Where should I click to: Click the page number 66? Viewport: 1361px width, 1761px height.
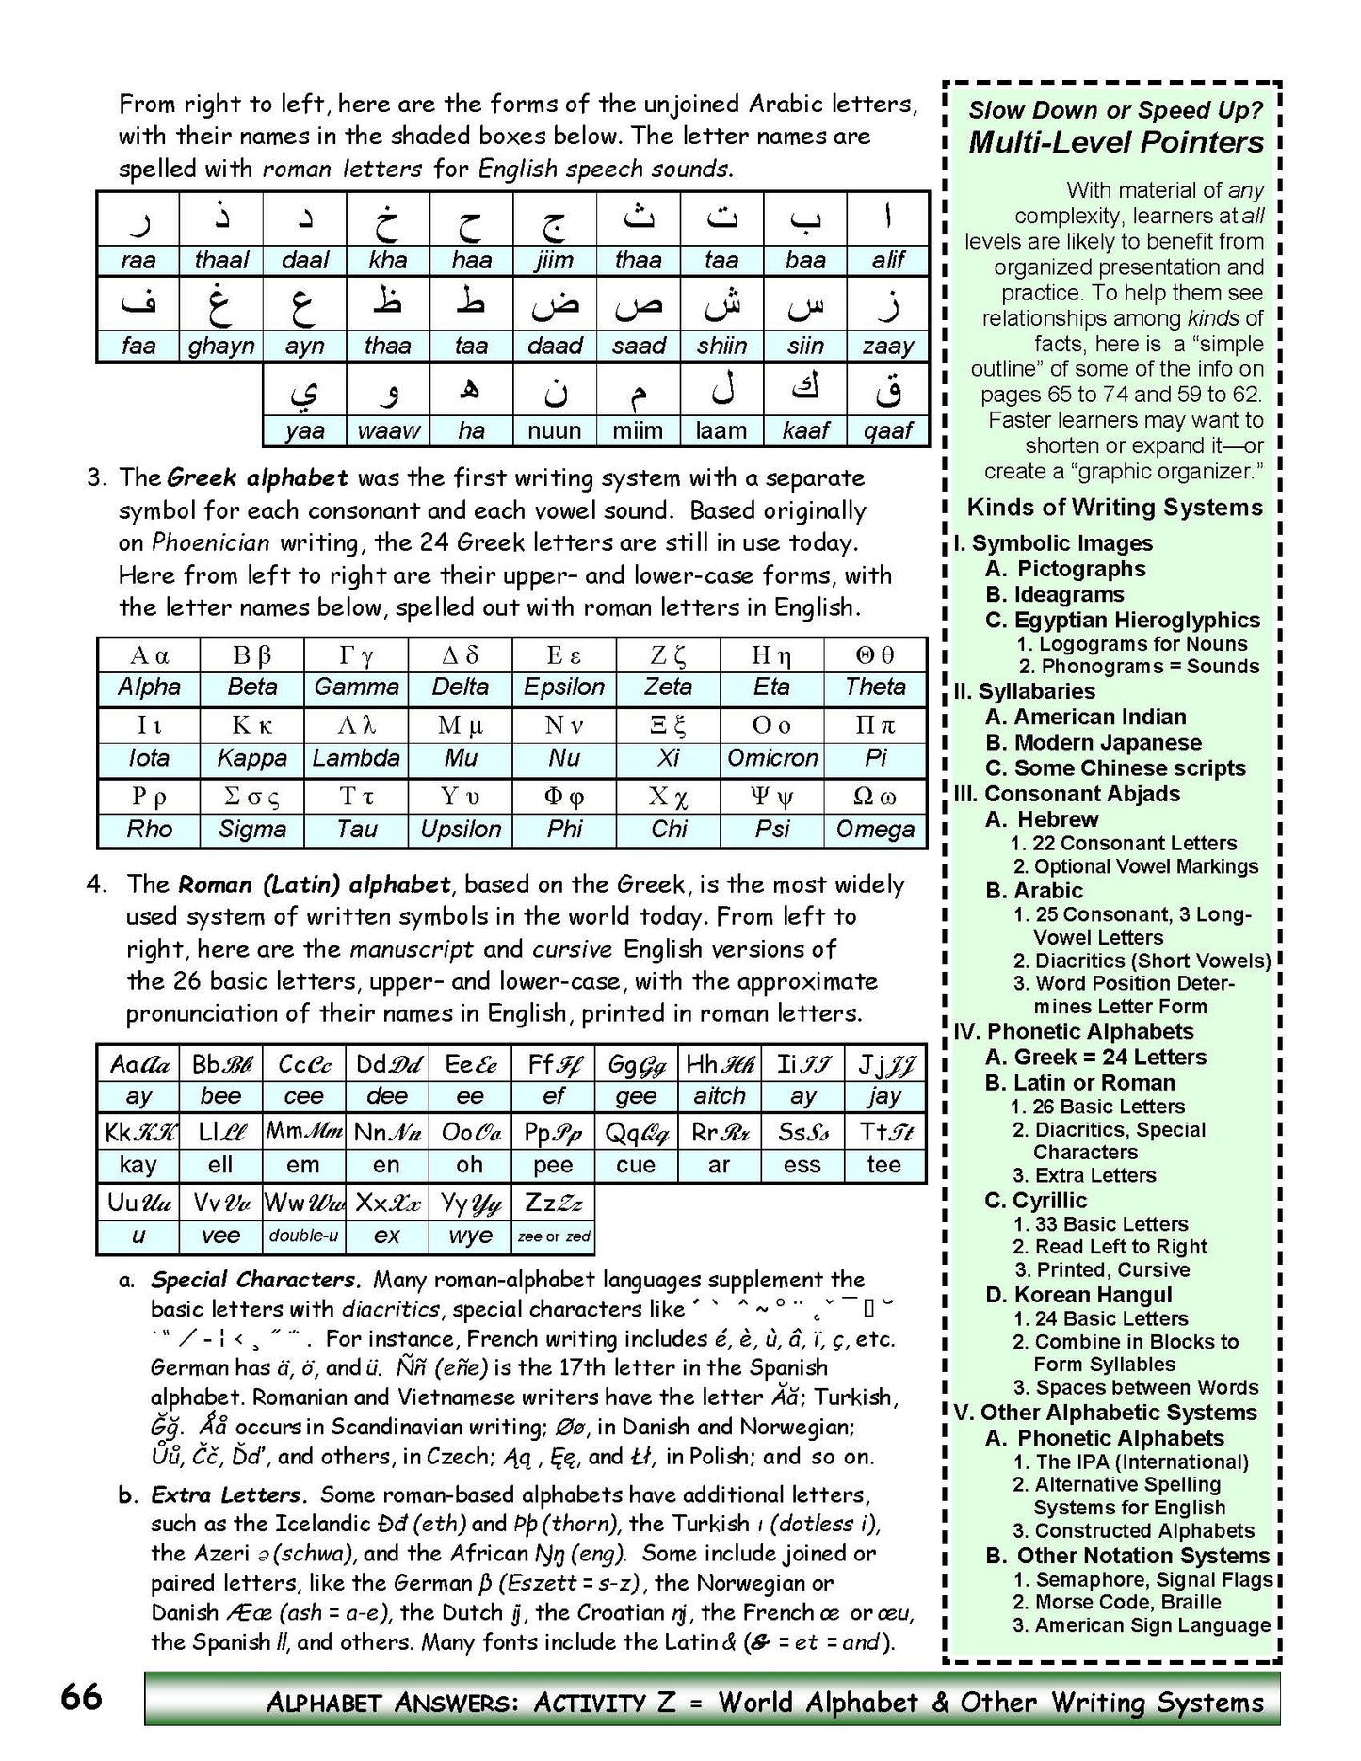81,1697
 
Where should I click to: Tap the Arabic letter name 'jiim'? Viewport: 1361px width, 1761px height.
555,261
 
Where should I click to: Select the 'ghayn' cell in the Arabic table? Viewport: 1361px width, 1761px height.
221,347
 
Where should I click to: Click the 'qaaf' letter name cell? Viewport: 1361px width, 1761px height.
887,431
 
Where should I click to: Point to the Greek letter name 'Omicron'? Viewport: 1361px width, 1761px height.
772,758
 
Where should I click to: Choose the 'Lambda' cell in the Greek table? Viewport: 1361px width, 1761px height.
356,758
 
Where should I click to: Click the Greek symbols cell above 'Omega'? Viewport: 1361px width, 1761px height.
875,798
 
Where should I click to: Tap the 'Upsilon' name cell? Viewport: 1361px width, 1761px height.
461,830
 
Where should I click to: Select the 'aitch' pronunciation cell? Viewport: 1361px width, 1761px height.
720,1096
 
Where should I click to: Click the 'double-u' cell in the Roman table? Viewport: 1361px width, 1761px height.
303,1236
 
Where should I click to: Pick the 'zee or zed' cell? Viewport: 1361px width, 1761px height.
554,1236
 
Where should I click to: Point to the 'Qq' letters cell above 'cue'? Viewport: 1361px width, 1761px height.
636,1133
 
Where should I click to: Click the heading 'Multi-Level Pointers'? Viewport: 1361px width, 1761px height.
1116,142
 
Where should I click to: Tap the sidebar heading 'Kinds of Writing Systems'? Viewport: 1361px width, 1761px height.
1114,508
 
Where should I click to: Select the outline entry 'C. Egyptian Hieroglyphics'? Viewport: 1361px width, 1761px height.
1123,620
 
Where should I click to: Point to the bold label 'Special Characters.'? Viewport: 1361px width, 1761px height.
255,1280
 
